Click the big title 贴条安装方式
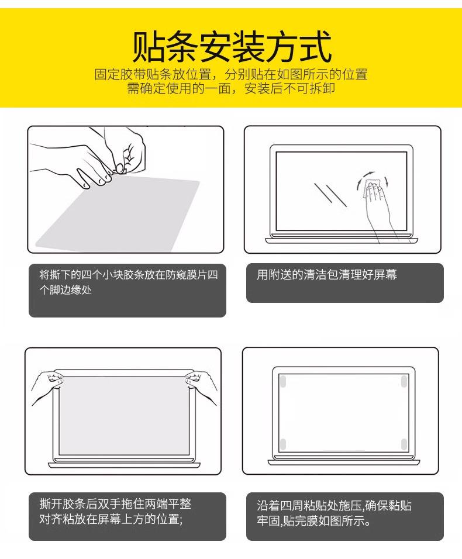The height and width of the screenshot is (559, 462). (232, 47)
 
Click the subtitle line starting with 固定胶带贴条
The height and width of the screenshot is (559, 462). (231, 74)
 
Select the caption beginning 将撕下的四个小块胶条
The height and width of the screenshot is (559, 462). (128, 282)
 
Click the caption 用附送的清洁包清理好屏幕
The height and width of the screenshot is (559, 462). (326, 274)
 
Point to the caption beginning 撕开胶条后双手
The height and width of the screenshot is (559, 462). (115, 511)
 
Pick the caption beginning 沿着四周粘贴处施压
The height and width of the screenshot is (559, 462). (334, 513)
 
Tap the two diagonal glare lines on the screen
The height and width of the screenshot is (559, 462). (330, 194)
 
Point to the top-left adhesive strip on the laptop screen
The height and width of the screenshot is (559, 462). (282, 381)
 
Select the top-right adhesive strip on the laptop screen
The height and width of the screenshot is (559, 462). (404, 381)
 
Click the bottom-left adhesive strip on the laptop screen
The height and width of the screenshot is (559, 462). (282, 444)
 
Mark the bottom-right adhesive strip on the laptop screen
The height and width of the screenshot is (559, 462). (404, 444)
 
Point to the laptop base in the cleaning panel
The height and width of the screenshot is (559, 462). (341, 240)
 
